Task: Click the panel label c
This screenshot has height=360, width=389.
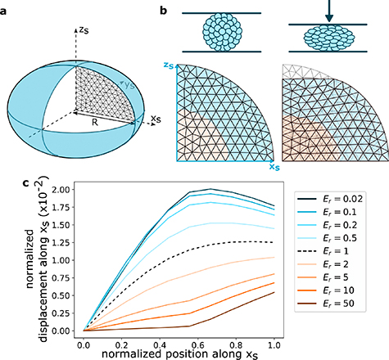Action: (7, 182)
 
